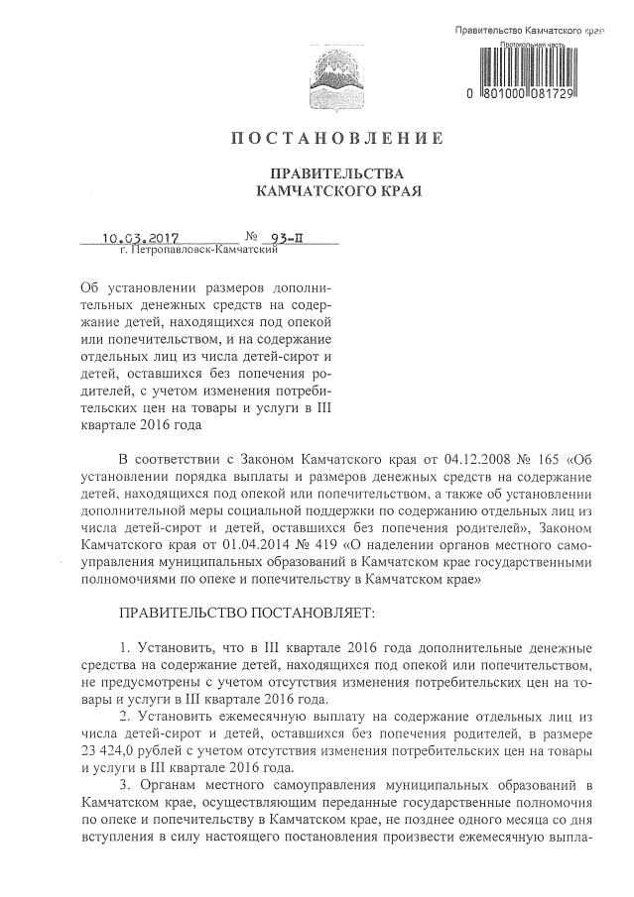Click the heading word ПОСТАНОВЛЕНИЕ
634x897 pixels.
coord(336,137)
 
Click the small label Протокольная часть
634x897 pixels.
coord(534,46)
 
